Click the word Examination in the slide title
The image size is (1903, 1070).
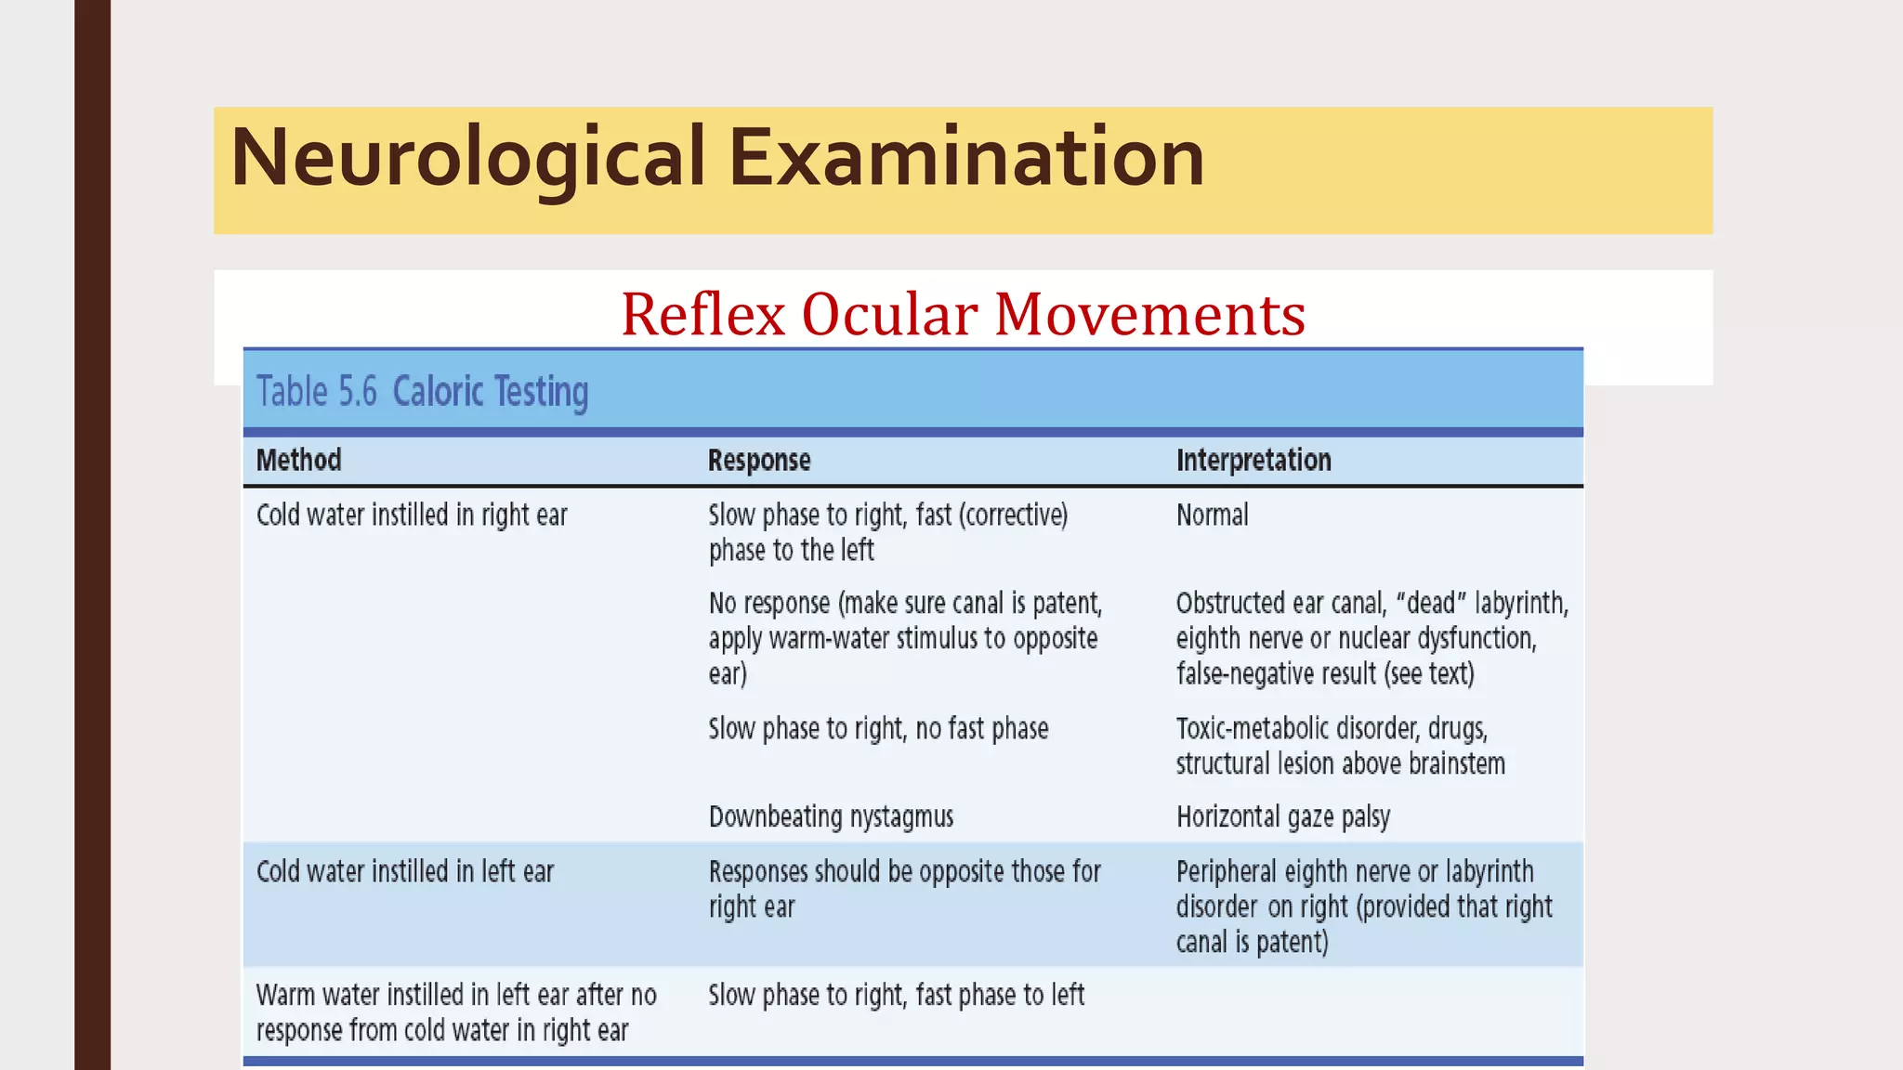coord(966,158)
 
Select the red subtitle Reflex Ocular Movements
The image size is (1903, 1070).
coord(963,314)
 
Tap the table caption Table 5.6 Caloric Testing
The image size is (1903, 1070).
coord(422,392)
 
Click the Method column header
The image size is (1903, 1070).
coord(298,460)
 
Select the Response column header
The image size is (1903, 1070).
coord(759,460)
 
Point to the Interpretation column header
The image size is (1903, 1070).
coord(1253,460)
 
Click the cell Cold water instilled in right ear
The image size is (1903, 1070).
coord(412,515)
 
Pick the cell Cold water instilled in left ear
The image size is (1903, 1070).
coord(405,871)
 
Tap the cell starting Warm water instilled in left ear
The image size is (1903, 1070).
coord(455,1012)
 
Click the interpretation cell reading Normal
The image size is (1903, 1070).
coord(1212,515)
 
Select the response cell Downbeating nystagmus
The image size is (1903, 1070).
coord(831,816)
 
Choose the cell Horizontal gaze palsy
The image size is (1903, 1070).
coord(1282,816)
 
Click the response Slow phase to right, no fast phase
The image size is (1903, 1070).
coord(878,728)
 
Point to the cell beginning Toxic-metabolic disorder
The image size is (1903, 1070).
coord(1340,746)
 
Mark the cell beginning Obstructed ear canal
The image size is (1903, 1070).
coord(1371,638)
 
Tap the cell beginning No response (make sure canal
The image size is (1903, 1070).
coord(905,638)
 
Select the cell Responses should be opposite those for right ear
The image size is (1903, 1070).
coord(904,889)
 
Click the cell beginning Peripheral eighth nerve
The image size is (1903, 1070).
coord(1363,907)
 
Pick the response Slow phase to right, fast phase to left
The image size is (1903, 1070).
coord(896,995)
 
